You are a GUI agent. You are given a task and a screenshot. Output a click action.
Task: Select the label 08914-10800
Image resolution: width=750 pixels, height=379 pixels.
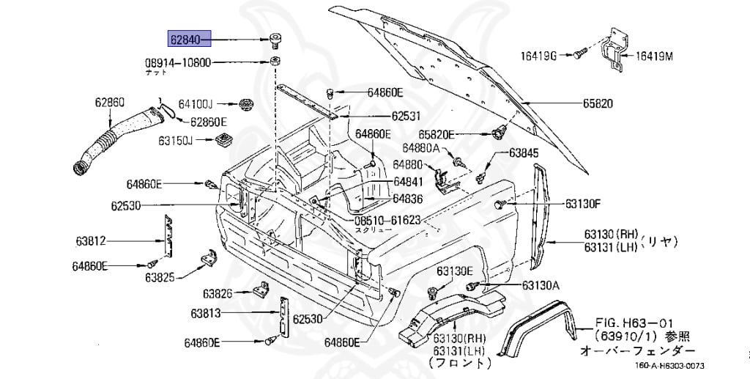tap(178, 62)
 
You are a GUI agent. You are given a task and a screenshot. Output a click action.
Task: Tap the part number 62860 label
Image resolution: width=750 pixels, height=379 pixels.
tap(109, 102)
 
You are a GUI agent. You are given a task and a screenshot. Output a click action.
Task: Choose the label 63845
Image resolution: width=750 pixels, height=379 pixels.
tap(524, 153)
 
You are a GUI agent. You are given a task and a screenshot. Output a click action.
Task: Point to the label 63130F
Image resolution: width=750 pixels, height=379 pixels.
tap(582, 203)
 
